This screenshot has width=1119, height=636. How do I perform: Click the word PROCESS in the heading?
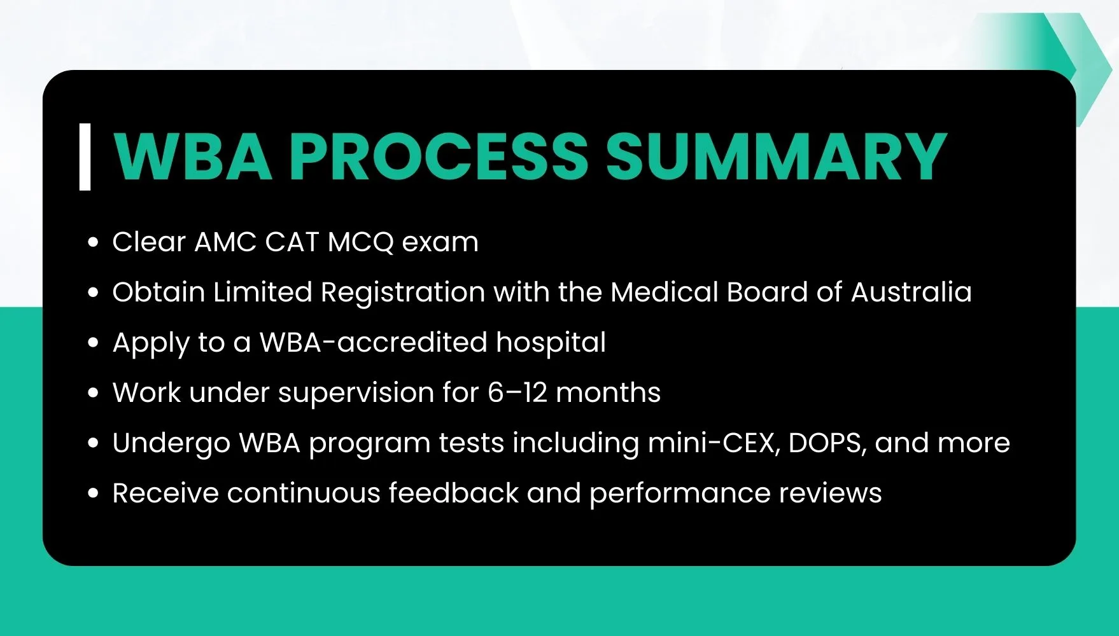coord(439,156)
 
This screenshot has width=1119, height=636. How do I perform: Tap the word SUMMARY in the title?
coord(776,156)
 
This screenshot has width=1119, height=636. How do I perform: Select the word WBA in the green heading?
coord(193,156)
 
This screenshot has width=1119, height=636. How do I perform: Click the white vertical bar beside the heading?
coord(85,156)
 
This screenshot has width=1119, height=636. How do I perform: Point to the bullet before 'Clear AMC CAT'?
coord(94,242)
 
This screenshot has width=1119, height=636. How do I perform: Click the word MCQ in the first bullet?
coord(361,242)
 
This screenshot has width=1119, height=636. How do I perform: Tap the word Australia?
coord(911,292)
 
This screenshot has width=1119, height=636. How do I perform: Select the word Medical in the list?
coord(665,292)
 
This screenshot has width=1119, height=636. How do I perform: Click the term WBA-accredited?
coord(374,342)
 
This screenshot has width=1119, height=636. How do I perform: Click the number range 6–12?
coord(517,392)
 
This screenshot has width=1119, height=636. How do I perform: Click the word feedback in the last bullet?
coord(454,493)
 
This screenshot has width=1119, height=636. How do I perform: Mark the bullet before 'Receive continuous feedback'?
coord(94,494)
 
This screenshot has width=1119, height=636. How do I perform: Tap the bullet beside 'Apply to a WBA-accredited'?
coord(94,343)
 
